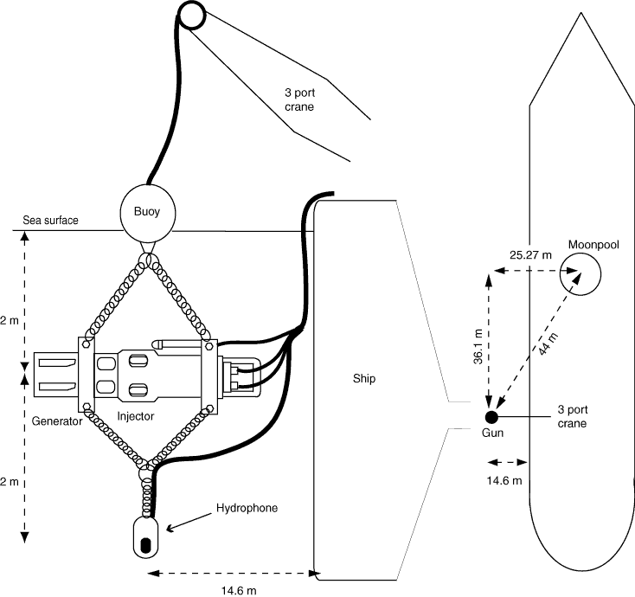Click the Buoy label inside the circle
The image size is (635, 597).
(x=146, y=211)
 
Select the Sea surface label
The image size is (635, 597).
(x=50, y=221)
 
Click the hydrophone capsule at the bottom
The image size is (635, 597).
(x=146, y=536)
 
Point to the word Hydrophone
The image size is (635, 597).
(x=247, y=508)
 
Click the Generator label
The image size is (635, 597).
(x=57, y=421)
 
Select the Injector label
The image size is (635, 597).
(x=136, y=416)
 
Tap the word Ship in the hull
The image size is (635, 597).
(x=364, y=378)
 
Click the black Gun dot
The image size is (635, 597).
(x=491, y=416)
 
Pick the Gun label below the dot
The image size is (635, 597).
(x=492, y=433)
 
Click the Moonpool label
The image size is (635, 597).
(x=593, y=245)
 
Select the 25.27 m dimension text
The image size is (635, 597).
(x=530, y=255)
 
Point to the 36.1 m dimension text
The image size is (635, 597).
(x=478, y=346)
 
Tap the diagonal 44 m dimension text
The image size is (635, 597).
(x=549, y=343)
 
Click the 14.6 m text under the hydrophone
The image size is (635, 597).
(x=239, y=591)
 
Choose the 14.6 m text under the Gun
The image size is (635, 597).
(x=504, y=481)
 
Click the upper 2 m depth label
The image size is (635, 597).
(x=10, y=321)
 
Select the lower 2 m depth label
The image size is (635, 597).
(x=10, y=482)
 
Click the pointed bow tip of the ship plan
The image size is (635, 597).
(x=581, y=13)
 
